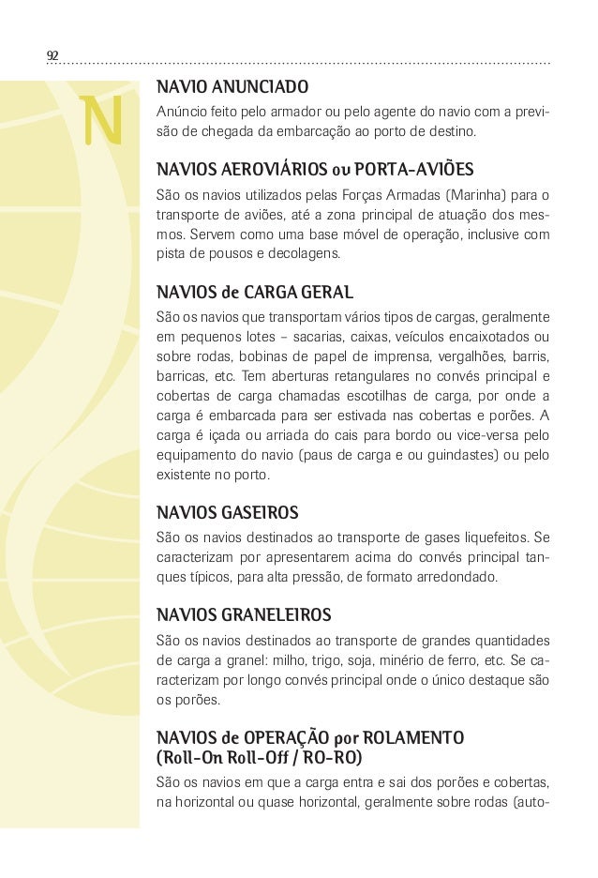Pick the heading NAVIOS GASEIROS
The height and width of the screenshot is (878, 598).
tap(228, 513)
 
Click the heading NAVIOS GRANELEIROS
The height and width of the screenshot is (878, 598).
tap(243, 615)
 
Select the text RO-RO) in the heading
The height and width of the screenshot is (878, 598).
tap(331, 756)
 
